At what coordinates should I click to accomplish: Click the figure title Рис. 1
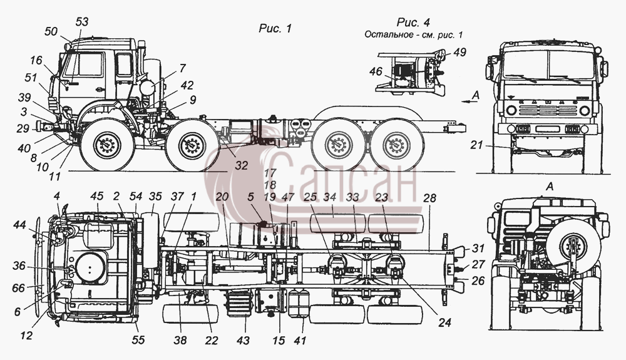pyautogui.click(x=275, y=28)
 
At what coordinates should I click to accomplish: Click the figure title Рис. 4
pyautogui.click(x=413, y=22)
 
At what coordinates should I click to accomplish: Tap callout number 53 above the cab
pyautogui.click(x=81, y=21)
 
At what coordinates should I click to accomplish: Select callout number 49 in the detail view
pyautogui.click(x=459, y=53)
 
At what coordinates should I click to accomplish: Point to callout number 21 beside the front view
pyautogui.click(x=476, y=145)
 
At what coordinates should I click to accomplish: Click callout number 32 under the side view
pyautogui.click(x=241, y=165)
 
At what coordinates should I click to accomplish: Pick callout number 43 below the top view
pyautogui.click(x=243, y=341)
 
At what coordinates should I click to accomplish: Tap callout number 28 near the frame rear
pyautogui.click(x=429, y=198)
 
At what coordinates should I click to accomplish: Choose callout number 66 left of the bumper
pyautogui.click(x=18, y=288)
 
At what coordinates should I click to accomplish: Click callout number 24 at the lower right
pyautogui.click(x=444, y=322)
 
